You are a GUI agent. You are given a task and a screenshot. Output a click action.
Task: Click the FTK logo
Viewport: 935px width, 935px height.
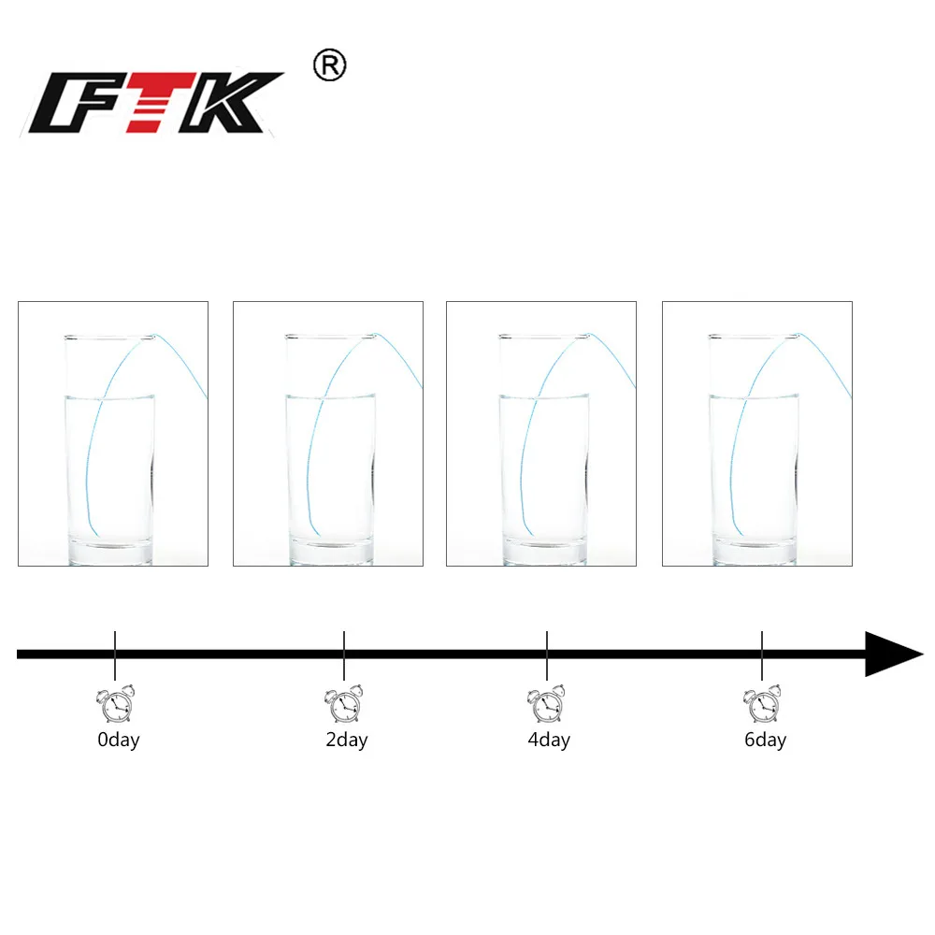(x=155, y=103)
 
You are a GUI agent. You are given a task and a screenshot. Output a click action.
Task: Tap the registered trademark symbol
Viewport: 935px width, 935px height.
(x=329, y=66)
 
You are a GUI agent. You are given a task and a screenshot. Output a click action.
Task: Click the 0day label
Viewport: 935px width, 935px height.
(x=118, y=741)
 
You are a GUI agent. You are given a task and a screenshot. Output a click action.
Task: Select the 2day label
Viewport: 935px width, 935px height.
(x=346, y=741)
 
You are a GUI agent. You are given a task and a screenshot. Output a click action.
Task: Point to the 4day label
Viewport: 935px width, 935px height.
(x=548, y=741)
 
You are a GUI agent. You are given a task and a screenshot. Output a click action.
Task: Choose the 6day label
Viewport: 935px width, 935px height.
(x=764, y=741)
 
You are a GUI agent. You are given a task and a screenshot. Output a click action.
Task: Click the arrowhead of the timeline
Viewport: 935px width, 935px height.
(x=891, y=654)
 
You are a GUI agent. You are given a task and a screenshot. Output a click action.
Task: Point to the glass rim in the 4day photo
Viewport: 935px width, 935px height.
(x=543, y=336)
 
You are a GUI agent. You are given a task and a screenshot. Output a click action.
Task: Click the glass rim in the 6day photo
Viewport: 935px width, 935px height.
(x=753, y=336)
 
